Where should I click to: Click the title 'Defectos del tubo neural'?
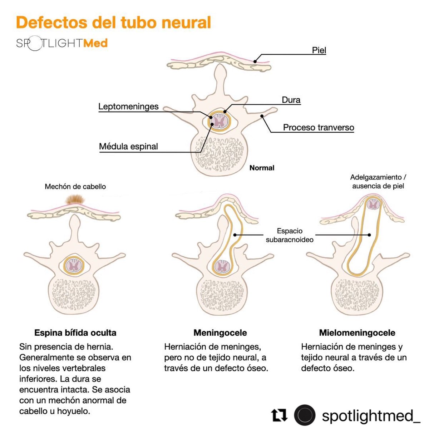click(x=113, y=22)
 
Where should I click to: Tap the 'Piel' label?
click(x=319, y=50)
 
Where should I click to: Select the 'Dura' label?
click(x=291, y=100)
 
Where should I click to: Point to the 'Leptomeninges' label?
click(x=128, y=107)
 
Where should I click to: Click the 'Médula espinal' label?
click(x=128, y=146)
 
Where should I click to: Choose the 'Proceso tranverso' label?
click(x=318, y=127)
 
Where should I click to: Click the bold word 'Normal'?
click(x=262, y=168)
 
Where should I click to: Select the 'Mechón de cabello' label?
click(x=75, y=186)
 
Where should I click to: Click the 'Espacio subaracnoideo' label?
click(x=290, y=235)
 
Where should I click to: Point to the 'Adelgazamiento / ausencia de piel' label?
click(x=378, y=182)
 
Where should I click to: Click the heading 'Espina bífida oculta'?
click(x=75, y=333)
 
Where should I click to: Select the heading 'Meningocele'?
click(x=220, y=333)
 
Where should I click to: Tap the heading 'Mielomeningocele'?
click(x=357, y=333)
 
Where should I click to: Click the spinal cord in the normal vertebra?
click(x=218, y=122)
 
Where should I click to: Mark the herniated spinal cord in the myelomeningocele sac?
click(x=374, y=204)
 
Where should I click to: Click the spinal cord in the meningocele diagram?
click(x=223, y=266)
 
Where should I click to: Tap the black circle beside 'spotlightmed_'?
click(x=305, y=415)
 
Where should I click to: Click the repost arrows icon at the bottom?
click(x=279, y=415)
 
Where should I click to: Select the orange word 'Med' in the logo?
click(x=95, y=43)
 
